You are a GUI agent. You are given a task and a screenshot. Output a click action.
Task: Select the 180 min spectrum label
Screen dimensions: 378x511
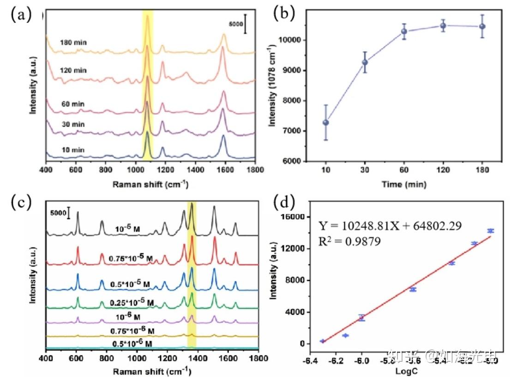click(73, 43)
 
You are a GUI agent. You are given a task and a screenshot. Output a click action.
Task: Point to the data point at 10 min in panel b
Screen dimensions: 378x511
click(325, 122)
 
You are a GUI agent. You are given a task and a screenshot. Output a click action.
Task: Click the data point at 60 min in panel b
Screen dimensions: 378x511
click(404, 31)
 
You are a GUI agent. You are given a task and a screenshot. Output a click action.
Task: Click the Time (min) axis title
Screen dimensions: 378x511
click(403, 184)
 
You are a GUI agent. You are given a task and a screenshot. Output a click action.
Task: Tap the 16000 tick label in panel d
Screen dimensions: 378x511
click(303, 217)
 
